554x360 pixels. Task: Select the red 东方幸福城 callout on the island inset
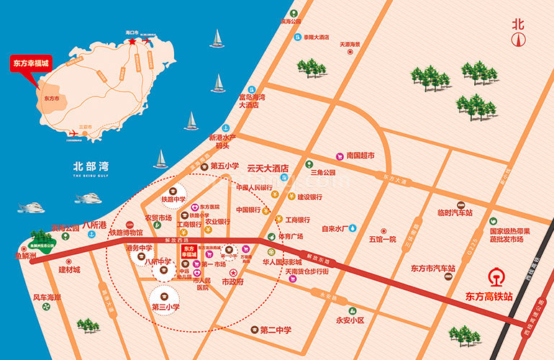(x=31, y=63)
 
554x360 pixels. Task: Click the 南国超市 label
(x=360, y=155)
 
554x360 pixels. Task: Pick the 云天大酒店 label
(x=268, y=167)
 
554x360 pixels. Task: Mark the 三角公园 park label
(x=323, y=173)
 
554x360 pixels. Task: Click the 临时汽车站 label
(x=455, y=213)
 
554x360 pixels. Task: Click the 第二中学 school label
(x=276, y=330)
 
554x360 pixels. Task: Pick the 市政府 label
(x=232, y=283)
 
